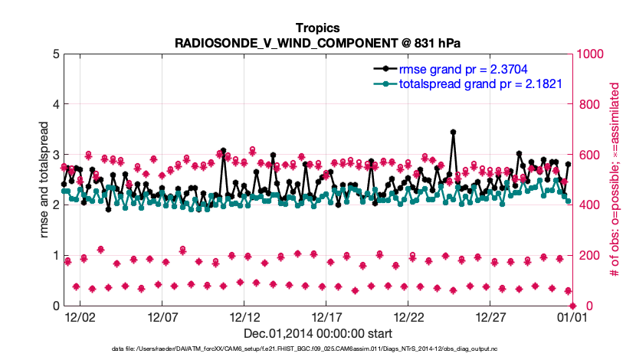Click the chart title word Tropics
(317, 28)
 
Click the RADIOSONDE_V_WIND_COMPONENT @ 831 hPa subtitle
(317, 42)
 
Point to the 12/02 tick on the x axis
(80, 316)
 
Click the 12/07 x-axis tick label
(162, 316)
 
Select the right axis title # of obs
(615, 179)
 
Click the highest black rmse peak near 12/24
(453, 132)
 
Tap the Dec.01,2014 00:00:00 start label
(317, 333)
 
